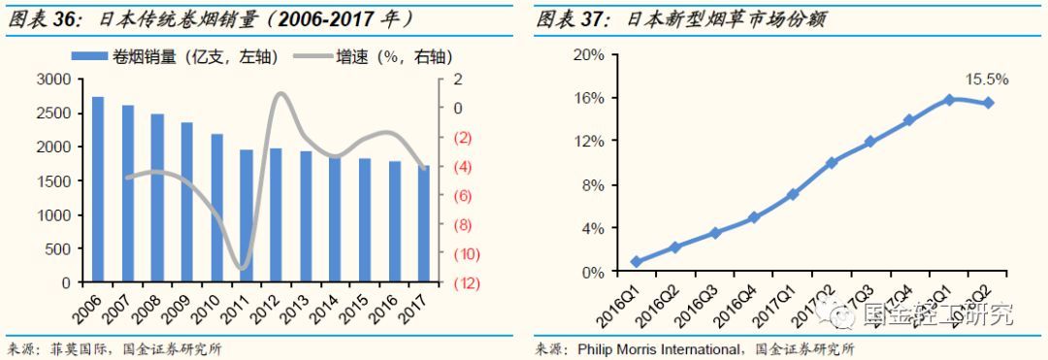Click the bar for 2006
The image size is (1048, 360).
(98, 190)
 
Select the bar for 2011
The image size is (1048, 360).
(246, 216)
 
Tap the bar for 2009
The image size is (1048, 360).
(187, 203)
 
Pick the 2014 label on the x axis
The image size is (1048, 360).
(325, 309)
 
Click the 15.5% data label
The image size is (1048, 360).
(985, 79)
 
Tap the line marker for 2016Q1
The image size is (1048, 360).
(636, 261)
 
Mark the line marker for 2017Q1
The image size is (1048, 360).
(793, 194)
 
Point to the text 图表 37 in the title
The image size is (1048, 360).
(567, 18)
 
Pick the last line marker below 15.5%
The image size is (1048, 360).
(988, 103)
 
